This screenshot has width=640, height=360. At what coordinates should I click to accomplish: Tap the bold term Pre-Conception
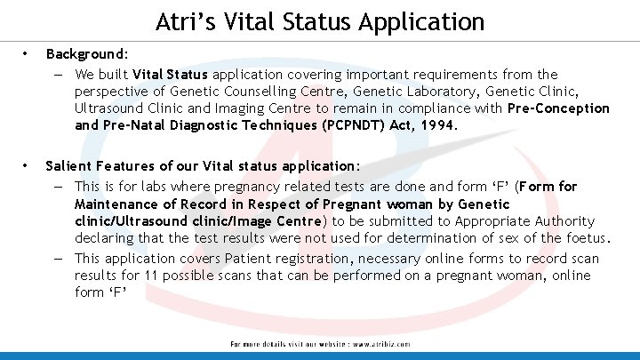tap(559, 108)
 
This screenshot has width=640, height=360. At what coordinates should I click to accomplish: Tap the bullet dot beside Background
tap(27, 55)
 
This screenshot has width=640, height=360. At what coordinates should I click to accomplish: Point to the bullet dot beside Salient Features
tap(27, 165)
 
